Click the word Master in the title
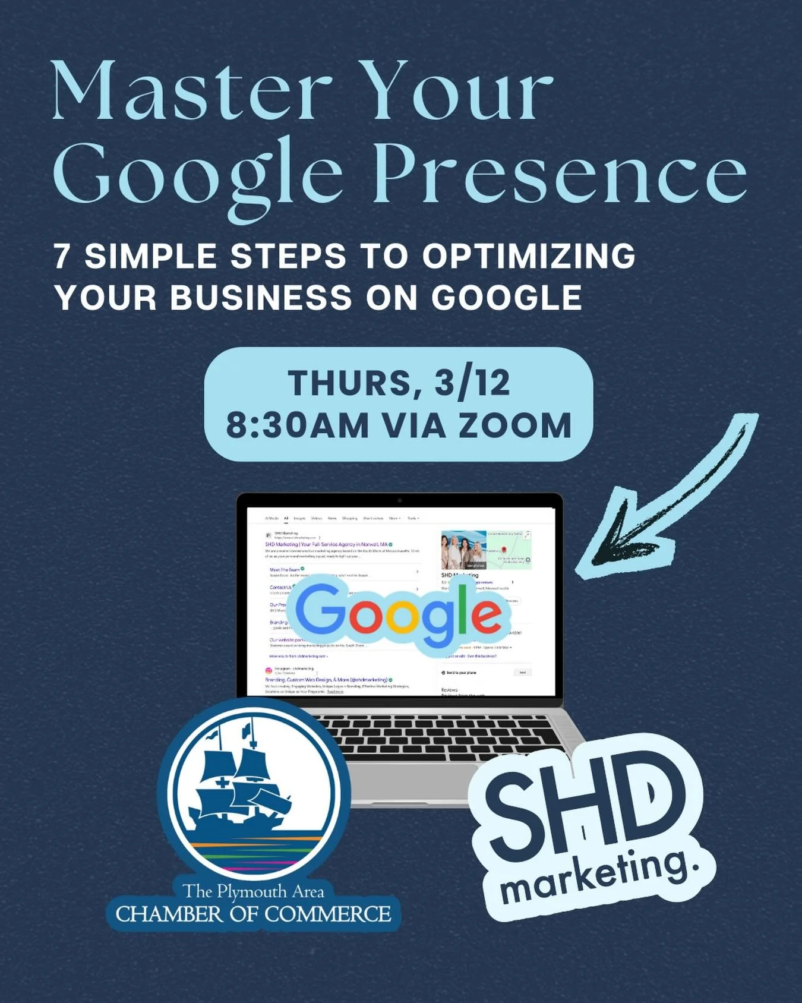pyautogui.click(x=191, y=92)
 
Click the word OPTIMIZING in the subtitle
pyautogui.click(x=529, y=257)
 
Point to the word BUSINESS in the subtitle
pyautogui.click(x=261, y=297)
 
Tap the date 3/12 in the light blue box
pyautogui.click(x=472, y=383)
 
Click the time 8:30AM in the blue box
pyautogui.click(x=297, y=426)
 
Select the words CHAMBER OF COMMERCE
pyautogui.click(x=253, y=914)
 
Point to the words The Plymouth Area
pyautogui.click(x=253, y=891)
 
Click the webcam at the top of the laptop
pyautogui.click(x=399, y=501)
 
